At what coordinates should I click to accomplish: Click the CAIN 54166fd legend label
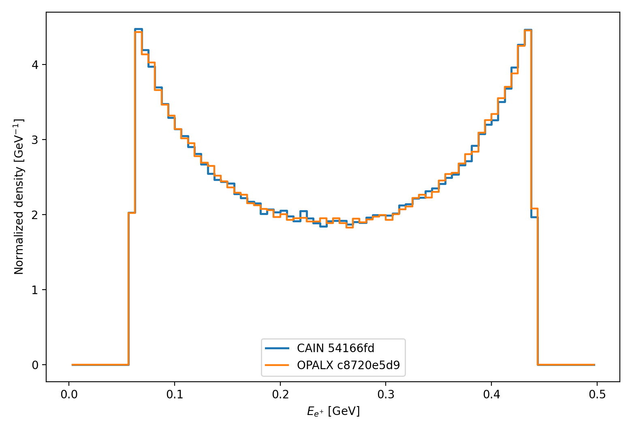[335, 348]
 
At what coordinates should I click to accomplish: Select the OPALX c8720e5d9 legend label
[348, 365]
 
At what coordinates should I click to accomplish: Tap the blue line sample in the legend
[277, 348]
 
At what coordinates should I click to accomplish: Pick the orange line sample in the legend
[277, 365]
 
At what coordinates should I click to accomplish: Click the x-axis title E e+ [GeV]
[333, 411]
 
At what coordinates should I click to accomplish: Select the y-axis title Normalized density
[19, 197]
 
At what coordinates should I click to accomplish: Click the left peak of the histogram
[139, 30]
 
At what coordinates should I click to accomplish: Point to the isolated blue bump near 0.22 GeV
[303, 211]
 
